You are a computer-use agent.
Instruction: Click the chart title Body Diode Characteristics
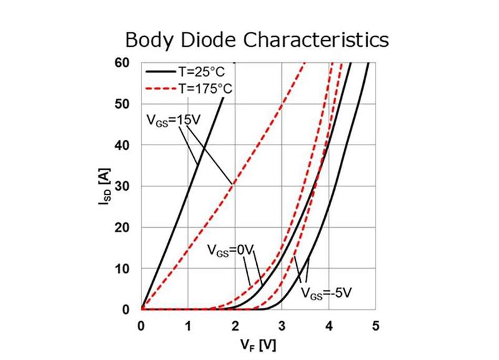(256, 40)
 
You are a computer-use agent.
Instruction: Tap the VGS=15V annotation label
(167, 119)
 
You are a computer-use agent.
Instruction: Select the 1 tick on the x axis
(188, 325)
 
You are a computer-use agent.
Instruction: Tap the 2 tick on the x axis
(235, 325)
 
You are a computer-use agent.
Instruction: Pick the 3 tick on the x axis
(282, 325)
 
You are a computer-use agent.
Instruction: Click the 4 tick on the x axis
(329, 325)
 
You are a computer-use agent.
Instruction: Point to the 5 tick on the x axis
(375, 325)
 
